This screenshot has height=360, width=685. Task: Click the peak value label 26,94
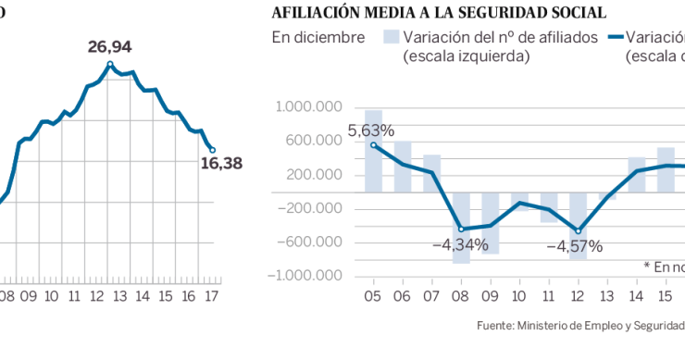pos(110,46)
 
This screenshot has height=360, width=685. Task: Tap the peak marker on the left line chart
pos(110,64)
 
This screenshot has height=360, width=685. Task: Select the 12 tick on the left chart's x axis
pos(97,296)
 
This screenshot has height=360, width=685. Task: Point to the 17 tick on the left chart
pos(212,296)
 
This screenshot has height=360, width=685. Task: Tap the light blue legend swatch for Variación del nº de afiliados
pos(391,38)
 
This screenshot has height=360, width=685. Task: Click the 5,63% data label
pos(371,130)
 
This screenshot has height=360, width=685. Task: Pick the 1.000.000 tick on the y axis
pos(310,107)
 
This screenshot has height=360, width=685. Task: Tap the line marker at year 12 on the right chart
pos(579,231)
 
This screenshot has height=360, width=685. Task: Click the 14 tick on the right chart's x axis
pos(637,296)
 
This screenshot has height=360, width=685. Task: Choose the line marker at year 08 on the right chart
pos(461,229)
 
